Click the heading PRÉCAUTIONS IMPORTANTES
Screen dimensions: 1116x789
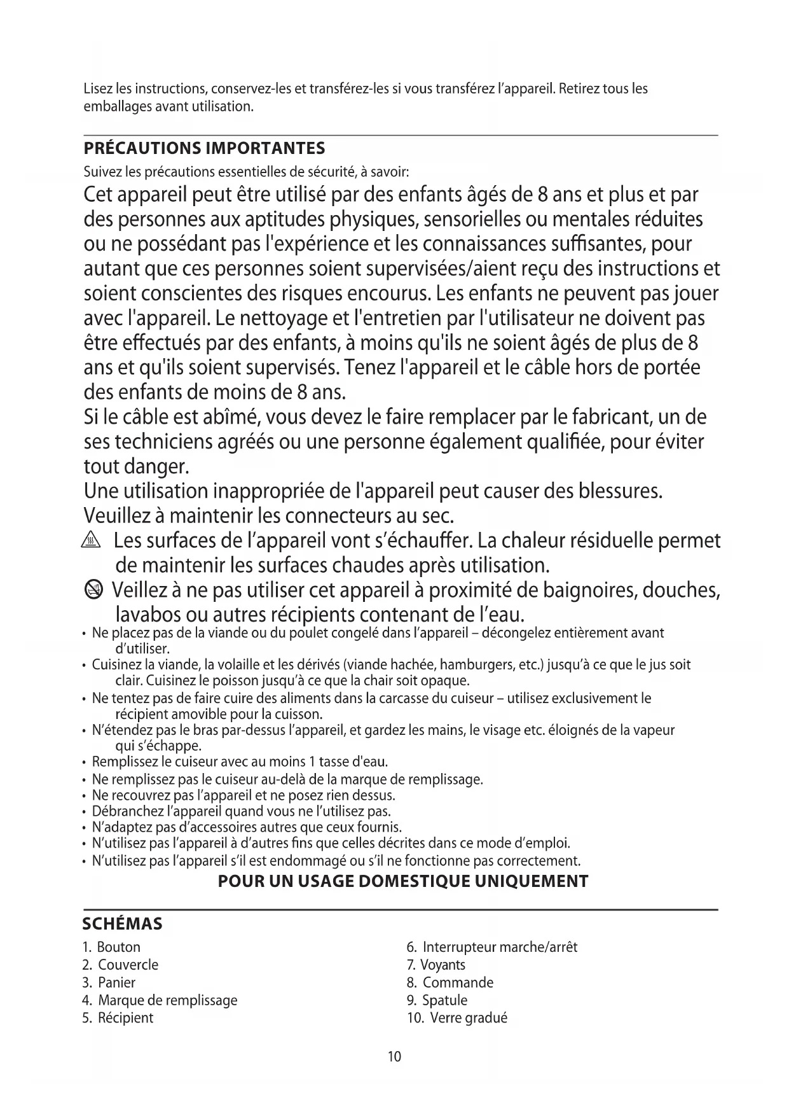(x=204, y=148)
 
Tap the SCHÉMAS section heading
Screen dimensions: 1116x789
(x=123, y=923)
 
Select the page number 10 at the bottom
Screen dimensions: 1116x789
(x=394, y=1057)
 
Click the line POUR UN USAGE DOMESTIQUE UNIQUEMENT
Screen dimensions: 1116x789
(x=403, y=881)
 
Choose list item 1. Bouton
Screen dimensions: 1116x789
(x=111, y=947)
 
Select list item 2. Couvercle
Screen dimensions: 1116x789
(x=120, y=965)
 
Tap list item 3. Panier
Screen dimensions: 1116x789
(x=109, y=982)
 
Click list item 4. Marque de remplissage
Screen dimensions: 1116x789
(x=160, y=1000)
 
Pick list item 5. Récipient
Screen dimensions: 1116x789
(x=118, y=1018)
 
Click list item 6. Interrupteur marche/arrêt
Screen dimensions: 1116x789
(x=492, y=947)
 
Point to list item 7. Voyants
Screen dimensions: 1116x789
(x=436, y=965)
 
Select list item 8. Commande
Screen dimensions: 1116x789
(x=450, y=982)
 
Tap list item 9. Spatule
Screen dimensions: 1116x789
(x=437, y=1000)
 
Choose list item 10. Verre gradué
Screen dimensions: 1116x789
(x=457, y=1018)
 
